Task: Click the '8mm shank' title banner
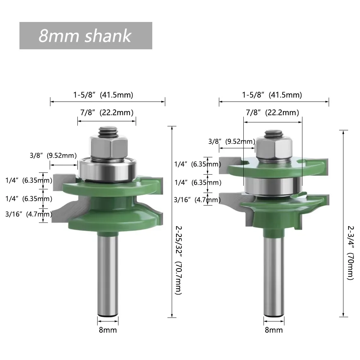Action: [x=85, y=36]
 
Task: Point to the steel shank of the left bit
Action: [x=108, y=274]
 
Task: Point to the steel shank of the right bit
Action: [x=274, y=274]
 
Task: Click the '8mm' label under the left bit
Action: [x=108, y=330]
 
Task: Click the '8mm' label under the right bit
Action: [x=274, y=330]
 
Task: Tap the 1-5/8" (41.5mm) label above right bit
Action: [x=272, y=95]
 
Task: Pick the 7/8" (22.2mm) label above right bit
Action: [x=272, y=113]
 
